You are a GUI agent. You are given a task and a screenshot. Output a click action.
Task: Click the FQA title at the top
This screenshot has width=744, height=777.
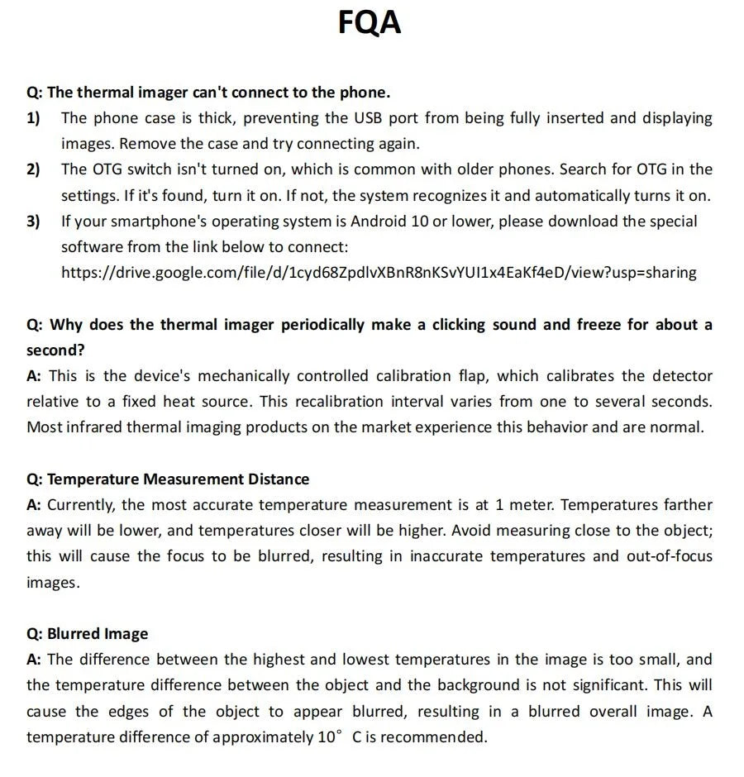(x=370, y=23)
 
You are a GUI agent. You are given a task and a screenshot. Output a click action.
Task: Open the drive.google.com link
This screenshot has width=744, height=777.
(x=379, y=273)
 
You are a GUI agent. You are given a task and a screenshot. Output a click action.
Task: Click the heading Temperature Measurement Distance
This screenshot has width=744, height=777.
(x=178, y=479)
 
